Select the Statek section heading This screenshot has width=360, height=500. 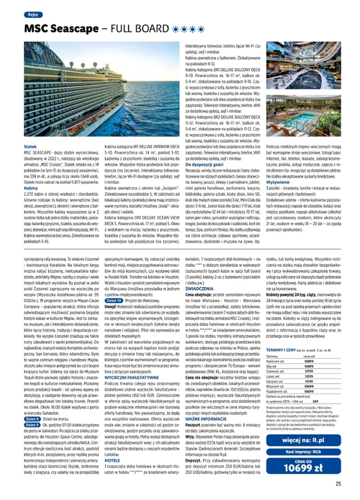(30, 146)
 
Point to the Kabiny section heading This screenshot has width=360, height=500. (31, 188)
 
